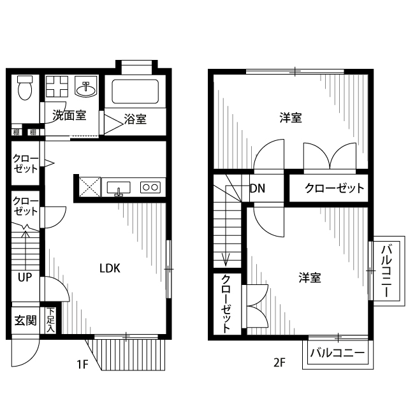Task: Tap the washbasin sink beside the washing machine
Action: (x=84, y=88)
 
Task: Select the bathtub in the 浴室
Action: (x=135, y=92)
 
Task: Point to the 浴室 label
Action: (x=135, y=119)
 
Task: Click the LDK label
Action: (x=110, y=268)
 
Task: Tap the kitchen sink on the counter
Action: (x=119, y=187)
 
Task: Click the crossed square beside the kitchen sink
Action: (x=89, y=187)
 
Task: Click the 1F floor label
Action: (x=82, y=364)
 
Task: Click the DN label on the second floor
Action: (x=258, y=188)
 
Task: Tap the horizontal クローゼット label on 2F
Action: (x=334, y=188)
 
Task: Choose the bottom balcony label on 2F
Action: (x=337, y=353)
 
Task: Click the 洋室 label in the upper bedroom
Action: (x=291, y=118)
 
